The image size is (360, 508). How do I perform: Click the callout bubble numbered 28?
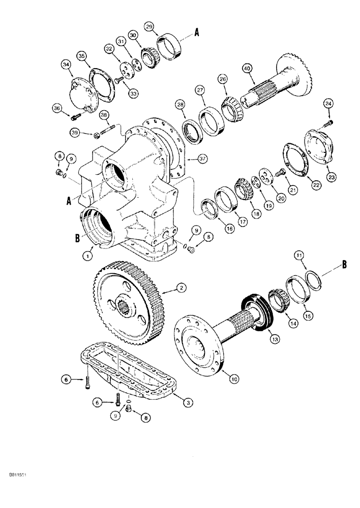point(180,105)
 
